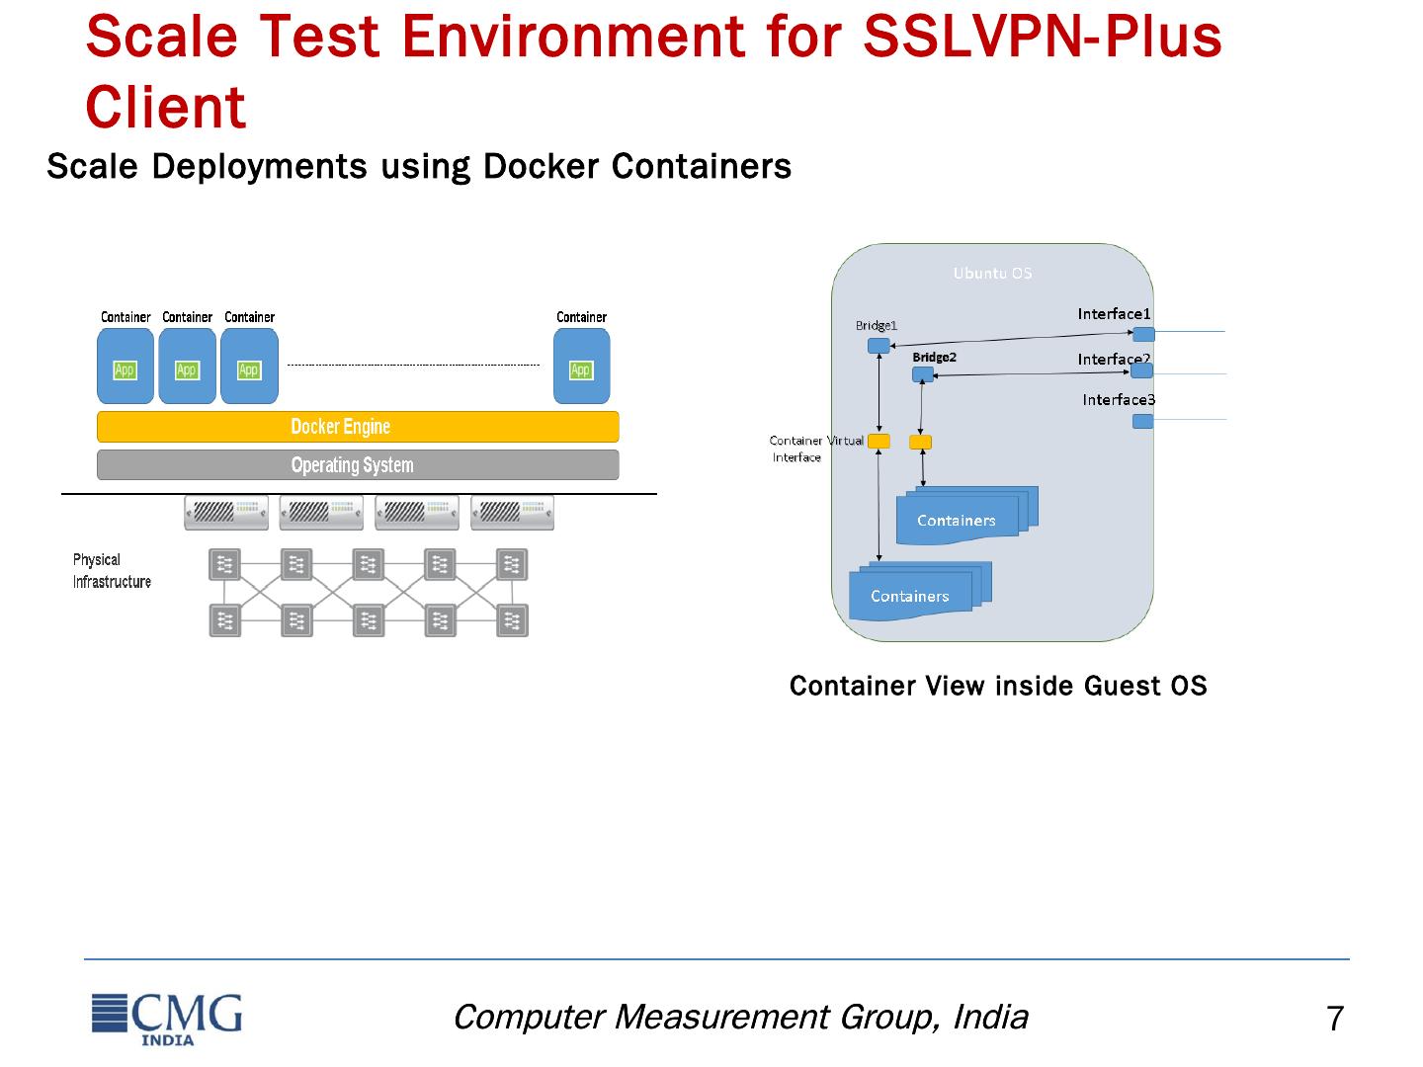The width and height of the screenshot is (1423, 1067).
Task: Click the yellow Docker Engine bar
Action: point(358,427)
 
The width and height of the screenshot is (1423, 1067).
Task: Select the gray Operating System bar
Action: point(358,465)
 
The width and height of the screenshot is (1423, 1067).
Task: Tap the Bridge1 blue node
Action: point(879,346)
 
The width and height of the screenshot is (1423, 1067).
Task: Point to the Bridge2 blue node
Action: point(922,374)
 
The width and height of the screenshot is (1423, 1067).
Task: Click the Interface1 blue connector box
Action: point(1143,334)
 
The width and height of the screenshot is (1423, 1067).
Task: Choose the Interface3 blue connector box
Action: point(1142,421)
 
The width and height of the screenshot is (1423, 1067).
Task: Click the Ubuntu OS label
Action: point(992,273)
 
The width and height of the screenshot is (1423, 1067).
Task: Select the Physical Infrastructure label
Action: point(111,571)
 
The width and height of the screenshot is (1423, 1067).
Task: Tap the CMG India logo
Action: point(167,1017)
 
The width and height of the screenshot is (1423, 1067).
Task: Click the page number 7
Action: point(1334,1019)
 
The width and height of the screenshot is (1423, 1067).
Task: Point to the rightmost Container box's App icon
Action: point(581,370)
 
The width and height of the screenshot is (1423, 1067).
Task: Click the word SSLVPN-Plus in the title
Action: point(1043,37)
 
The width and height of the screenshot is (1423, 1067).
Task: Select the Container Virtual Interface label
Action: point(814,449)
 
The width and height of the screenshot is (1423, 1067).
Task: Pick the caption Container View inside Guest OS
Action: point(998,686)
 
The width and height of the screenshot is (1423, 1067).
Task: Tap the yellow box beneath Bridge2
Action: point(920,442)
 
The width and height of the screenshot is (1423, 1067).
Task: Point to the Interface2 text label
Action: point(1113,360)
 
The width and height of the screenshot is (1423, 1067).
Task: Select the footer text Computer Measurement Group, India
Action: point(740,1017)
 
